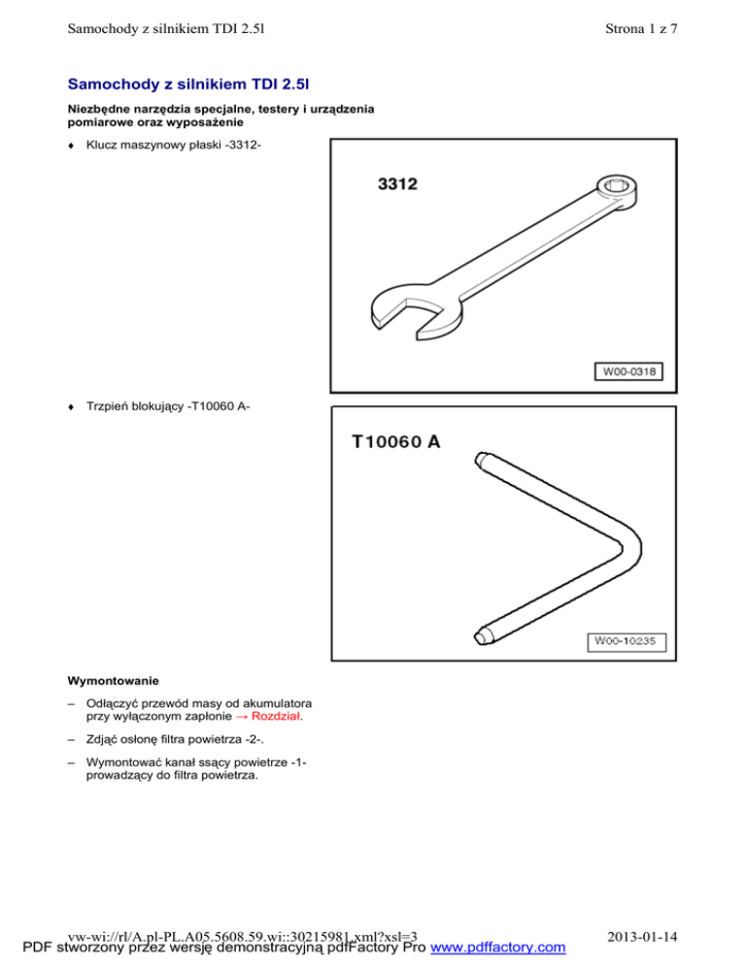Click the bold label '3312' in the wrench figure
[397, 183]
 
